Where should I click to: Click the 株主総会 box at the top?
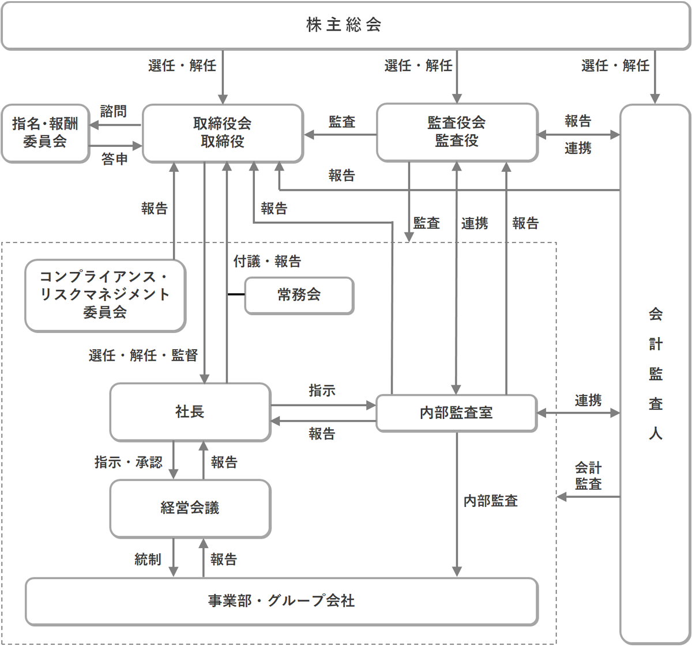(345, 25)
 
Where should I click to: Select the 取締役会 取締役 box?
(223, 133)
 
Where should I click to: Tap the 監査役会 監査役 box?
(457, 132)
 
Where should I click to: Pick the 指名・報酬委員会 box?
(45, 133)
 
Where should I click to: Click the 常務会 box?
(299, 295)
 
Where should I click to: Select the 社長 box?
(190, 412)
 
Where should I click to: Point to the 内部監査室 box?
(456, 413)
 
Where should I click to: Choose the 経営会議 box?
(190, 508)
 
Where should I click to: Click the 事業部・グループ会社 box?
(281, 601)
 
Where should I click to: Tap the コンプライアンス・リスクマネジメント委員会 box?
(105, 294)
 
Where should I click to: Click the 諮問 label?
(113, 111)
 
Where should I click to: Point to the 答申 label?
(114, 159)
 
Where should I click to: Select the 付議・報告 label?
(267, 262)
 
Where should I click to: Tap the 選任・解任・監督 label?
(143, 355)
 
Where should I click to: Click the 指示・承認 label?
(128, 462)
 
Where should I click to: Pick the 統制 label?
(148, 559)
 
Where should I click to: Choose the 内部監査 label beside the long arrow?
(491, 501)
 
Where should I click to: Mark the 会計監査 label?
(588, 476)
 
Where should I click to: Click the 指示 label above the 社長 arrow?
(322, 391)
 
